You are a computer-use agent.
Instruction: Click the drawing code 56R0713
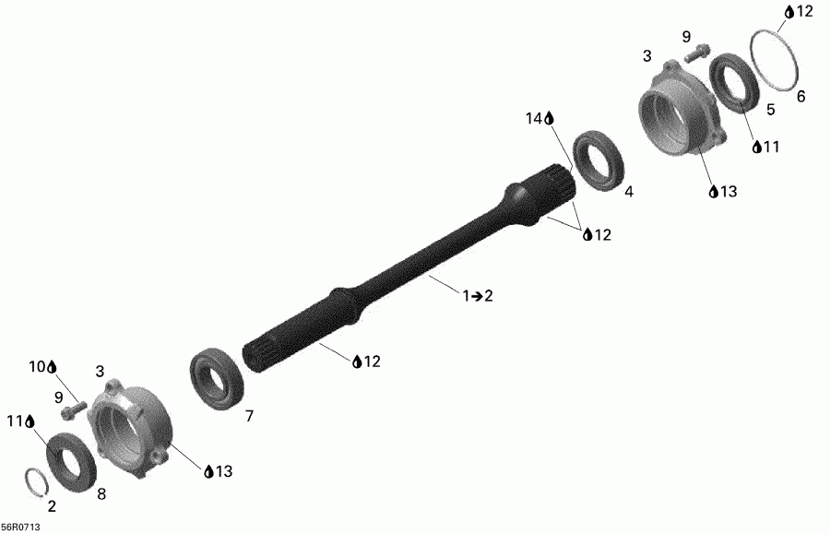[x=20, y=528]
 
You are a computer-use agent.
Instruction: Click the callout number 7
[x=248, y=417]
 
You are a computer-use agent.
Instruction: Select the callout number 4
[x=629, y=193]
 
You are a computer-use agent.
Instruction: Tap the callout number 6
[x=800, y=96]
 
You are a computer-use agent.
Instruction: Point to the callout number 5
[x=771, y=109]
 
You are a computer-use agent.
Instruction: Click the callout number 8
[x=101, y=493]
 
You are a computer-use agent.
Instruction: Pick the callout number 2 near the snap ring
[x=52, y=506]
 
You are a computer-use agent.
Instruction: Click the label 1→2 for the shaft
[x=478, y=295]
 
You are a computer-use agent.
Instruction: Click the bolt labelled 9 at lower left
[x=73, y=405]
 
